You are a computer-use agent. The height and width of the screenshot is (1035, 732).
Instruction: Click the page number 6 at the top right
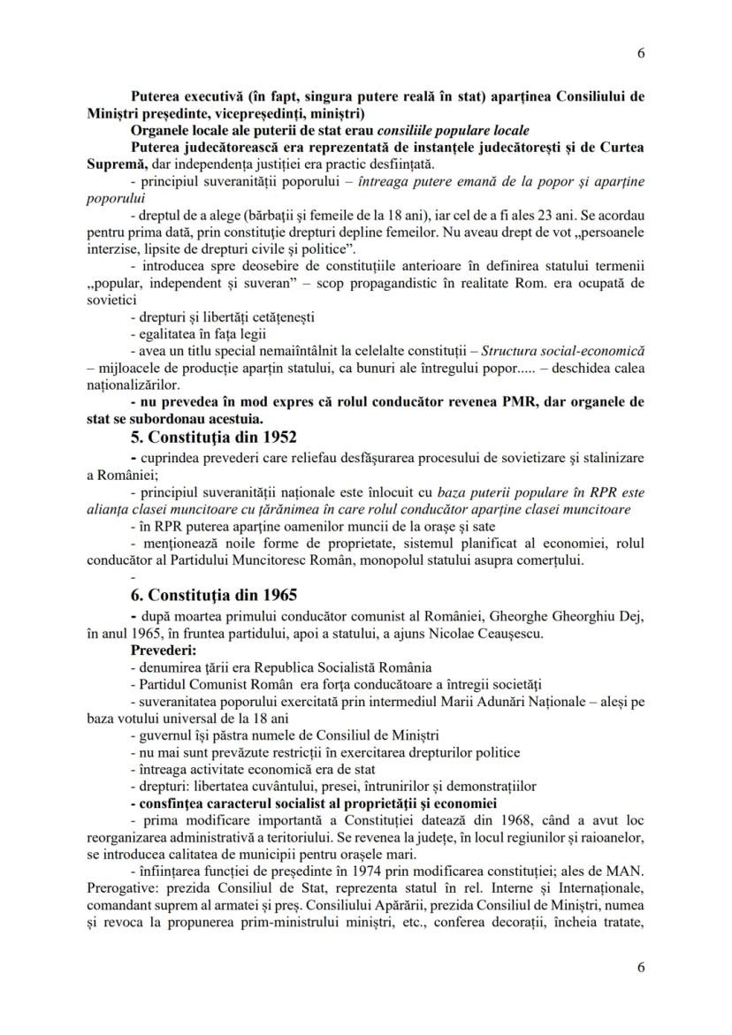tap(640, 53)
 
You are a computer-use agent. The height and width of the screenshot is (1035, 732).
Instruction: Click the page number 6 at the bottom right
tap(640, 967)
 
